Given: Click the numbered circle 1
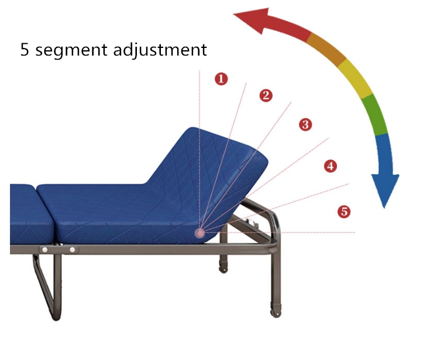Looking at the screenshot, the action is tap(221, 79).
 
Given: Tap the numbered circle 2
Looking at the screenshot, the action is tap(266, 96).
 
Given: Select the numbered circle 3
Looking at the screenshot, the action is tap(305, 124).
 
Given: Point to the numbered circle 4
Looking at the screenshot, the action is tap(331, 166).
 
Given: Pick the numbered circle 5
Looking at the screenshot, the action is tap(344, 212).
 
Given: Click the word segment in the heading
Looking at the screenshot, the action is tap(71, 50).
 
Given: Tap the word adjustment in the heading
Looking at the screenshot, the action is tap(160, 49).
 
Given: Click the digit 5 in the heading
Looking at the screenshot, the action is tap(25, 49).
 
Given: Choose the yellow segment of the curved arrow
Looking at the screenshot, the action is tap(356, 78).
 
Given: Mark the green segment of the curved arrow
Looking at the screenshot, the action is tap(374, 115).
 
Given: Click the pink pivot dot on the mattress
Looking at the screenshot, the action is tap(200, 233).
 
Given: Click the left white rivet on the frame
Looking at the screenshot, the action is tap(44, 250).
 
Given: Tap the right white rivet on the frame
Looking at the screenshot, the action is tap(73, 250).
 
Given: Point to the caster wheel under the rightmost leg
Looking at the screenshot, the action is tap(276, 313).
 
